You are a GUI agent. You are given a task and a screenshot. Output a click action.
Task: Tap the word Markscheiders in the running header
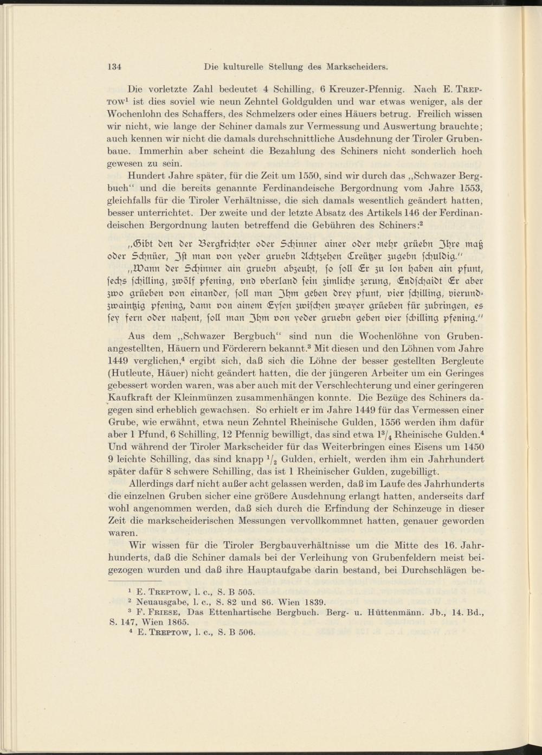(x=357, y=67)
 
